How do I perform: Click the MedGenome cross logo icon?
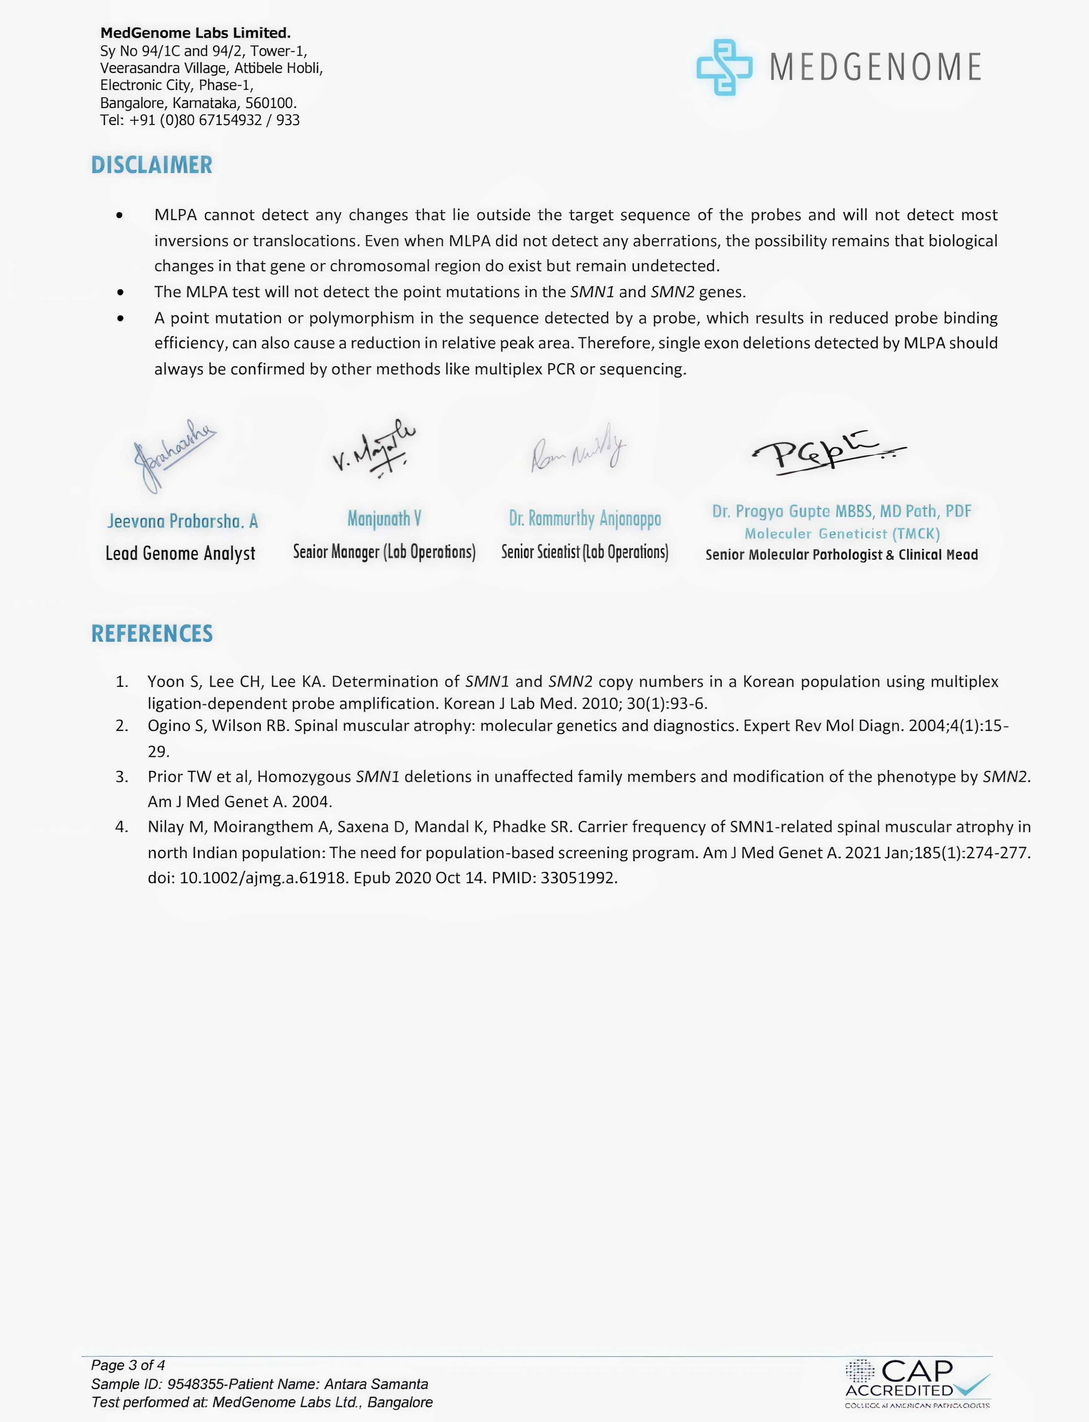click(x=724, y=67)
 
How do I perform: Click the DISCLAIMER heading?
click(x=152, y=165)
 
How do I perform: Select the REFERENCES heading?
click(x=152, y=633)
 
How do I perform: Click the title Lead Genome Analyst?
click(x=180, y=553)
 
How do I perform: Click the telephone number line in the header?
click(x=200, y=120)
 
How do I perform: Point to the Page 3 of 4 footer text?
click(x=128, y=1365)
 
